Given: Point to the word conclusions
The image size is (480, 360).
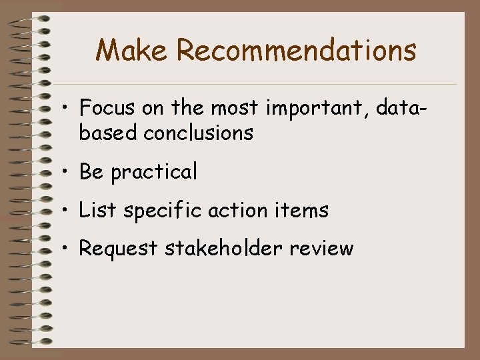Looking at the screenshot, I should [198, 133].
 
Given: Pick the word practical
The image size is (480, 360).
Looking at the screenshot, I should [154, 173].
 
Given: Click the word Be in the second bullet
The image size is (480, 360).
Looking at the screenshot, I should [91, 172].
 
